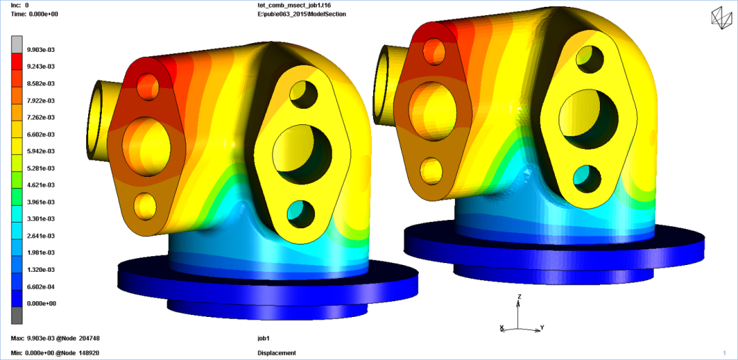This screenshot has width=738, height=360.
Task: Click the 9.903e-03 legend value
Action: (x=42, y=49)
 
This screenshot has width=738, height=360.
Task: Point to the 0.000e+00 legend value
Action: (x=42, y=303)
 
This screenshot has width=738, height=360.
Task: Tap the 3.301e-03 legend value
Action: (x=42, y=219)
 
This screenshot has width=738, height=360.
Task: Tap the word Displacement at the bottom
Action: (x=277, y=353)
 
